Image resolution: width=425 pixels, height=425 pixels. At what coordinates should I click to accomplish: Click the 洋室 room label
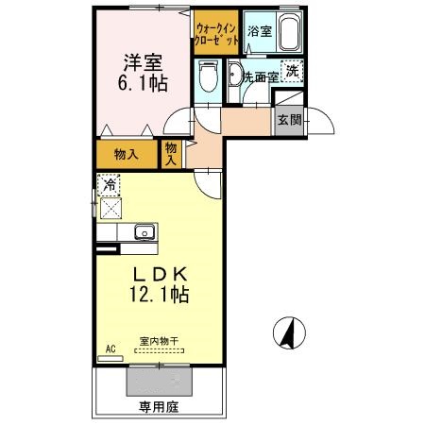pos(144,62)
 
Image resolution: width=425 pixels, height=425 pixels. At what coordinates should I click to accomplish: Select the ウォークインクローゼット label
pos(216,35)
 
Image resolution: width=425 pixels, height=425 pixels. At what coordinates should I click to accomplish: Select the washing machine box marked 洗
pos(293,72)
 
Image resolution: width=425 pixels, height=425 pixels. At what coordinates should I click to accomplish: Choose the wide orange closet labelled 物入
pos(127,152)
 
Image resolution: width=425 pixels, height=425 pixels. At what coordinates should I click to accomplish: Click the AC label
pos(110,349)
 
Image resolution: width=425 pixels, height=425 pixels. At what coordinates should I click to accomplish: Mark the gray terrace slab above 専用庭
pos(161,380)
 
